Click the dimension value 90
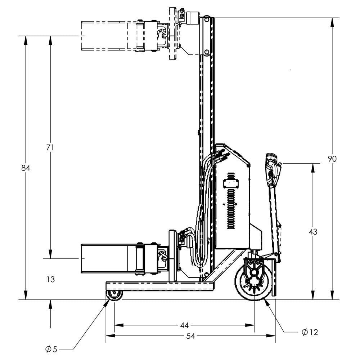click(x=332, y=159)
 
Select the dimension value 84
click(x=26, y=168)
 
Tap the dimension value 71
click(x=50, y=147)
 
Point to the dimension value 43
click(x=313, y=232)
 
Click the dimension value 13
click(x=51, y=279)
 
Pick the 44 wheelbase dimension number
click(x=184, y=325)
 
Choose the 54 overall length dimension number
click(x=191, y=336)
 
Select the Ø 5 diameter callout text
click(x=51, y=349)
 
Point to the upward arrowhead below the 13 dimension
click(x=50, y=304)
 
